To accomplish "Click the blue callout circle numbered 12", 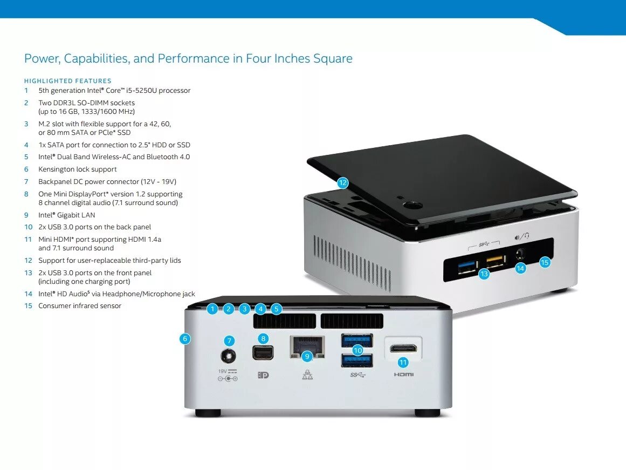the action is pos(343,182).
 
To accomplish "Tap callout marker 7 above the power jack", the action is pos(230,340).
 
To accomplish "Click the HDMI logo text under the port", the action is pos(403,374).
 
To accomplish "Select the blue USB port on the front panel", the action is pos(468,264).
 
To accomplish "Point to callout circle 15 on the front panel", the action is pos(545,262).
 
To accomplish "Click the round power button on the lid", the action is pos(414,205).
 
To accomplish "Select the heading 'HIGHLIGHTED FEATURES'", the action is pos(68,81).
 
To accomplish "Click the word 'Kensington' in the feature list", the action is pos(55,169).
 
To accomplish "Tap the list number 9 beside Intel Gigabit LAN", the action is pos(26,215).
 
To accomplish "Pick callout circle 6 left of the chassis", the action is pos(185,339).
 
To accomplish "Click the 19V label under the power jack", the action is pos(222,371).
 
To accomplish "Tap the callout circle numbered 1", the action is pos(213,309).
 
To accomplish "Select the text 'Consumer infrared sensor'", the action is pos(80,306).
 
